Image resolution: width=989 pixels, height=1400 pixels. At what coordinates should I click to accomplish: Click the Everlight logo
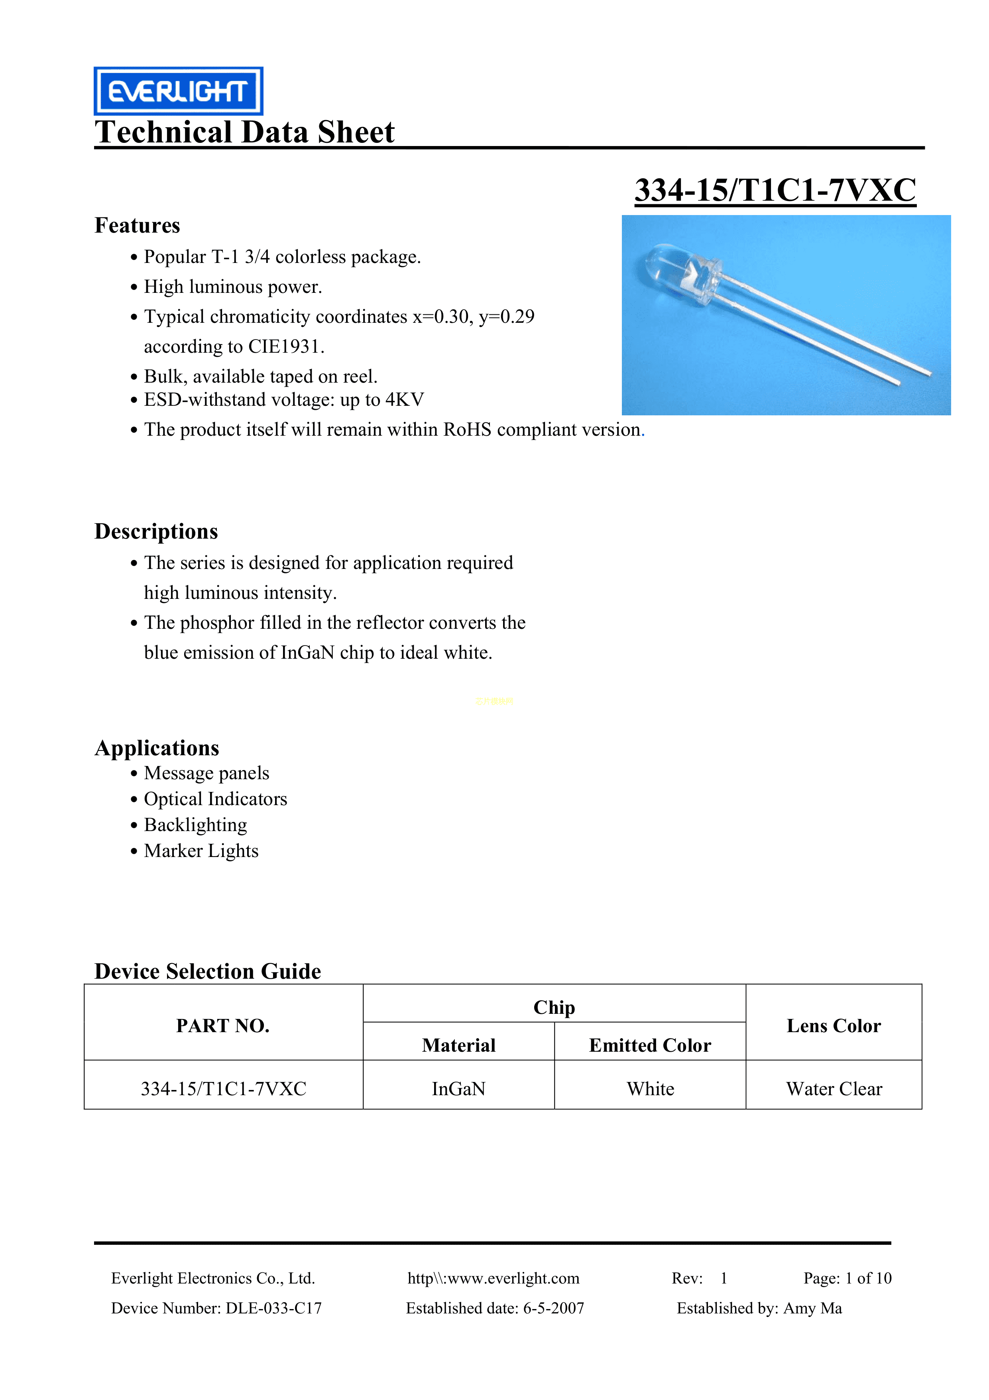pyautogui.click(x=178, y=91)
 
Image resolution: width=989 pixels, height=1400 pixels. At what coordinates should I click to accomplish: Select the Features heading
pyautogui.click(x=137, y=225)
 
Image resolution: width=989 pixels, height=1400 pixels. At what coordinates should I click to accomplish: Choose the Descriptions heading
pyautogui.click(x=156, y=531)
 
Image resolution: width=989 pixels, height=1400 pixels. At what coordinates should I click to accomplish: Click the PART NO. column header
pyautogui.click(x=223, y=1026)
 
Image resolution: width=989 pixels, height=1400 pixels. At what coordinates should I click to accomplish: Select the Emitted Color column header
pyautogui.click(x=650, y=1045)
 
